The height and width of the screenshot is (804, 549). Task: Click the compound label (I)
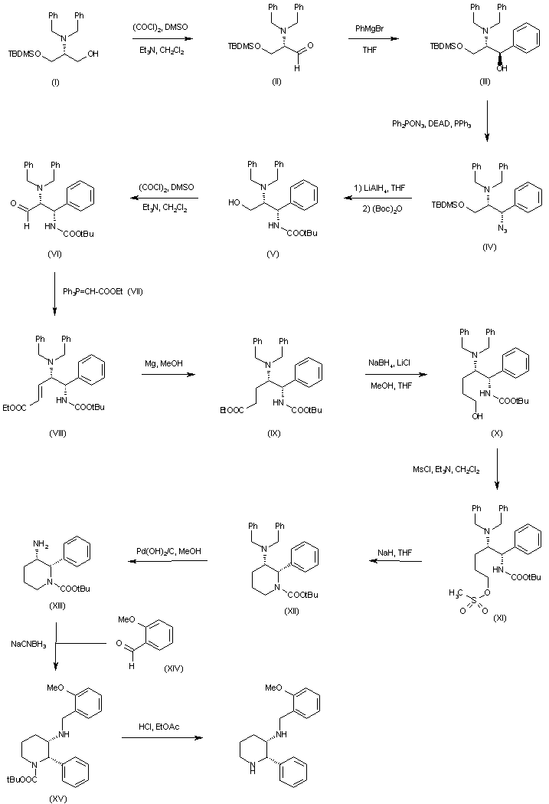54,81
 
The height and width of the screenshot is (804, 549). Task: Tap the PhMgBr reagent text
370,29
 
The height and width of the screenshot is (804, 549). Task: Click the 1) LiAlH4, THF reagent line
374,186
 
